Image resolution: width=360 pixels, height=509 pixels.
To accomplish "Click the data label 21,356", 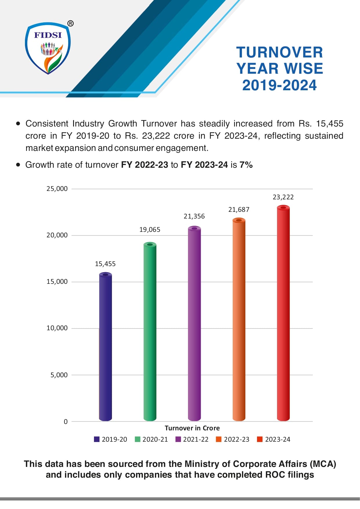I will pos(194,216).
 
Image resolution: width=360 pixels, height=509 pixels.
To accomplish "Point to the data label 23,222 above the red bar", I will pos(283,197).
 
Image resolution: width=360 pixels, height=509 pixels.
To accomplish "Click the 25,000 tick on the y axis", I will pos(57,189).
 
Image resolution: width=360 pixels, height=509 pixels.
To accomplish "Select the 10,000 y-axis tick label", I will pos(57,328).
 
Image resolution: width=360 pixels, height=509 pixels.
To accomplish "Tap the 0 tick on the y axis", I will pos(66,422).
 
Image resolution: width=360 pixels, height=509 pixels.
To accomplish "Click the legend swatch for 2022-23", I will pos(219,439).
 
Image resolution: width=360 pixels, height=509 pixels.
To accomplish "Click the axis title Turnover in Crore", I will pos(192,428).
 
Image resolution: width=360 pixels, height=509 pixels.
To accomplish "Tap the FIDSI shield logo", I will pos(48,48).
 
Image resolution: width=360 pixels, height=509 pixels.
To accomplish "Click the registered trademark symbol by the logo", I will pos(70,24).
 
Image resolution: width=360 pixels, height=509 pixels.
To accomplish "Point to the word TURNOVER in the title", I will pos(279,53).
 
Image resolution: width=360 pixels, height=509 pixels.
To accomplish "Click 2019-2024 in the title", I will pos(279,85).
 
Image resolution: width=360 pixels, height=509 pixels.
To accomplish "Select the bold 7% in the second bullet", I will pos(246,165).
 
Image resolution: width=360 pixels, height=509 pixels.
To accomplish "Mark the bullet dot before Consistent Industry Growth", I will pos(18,124).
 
